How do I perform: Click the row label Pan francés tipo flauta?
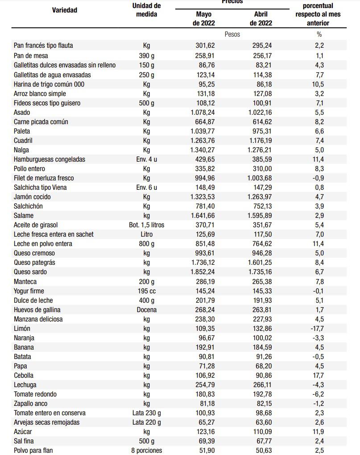(43, 46)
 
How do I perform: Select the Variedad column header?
(64, 10)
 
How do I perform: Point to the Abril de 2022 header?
(260, 19)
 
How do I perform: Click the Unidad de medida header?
(146, 10)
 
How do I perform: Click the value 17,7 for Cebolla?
(319, 376)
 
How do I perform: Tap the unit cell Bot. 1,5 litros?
(146, 225)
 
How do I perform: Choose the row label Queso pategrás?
(34, 263)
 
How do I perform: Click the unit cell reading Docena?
(146, 310)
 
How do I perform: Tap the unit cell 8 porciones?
(146, 450)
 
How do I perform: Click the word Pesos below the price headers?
(232, 34)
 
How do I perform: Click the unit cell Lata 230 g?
(146, 413)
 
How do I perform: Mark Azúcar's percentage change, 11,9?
(319, 432)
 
